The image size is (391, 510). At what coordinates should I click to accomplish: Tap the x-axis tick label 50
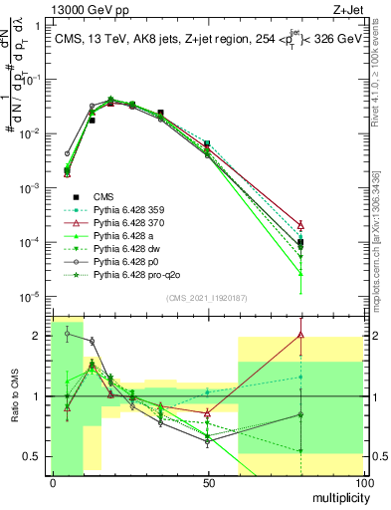point(207,482)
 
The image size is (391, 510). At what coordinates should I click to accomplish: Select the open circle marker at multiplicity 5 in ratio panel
point(67,333)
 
